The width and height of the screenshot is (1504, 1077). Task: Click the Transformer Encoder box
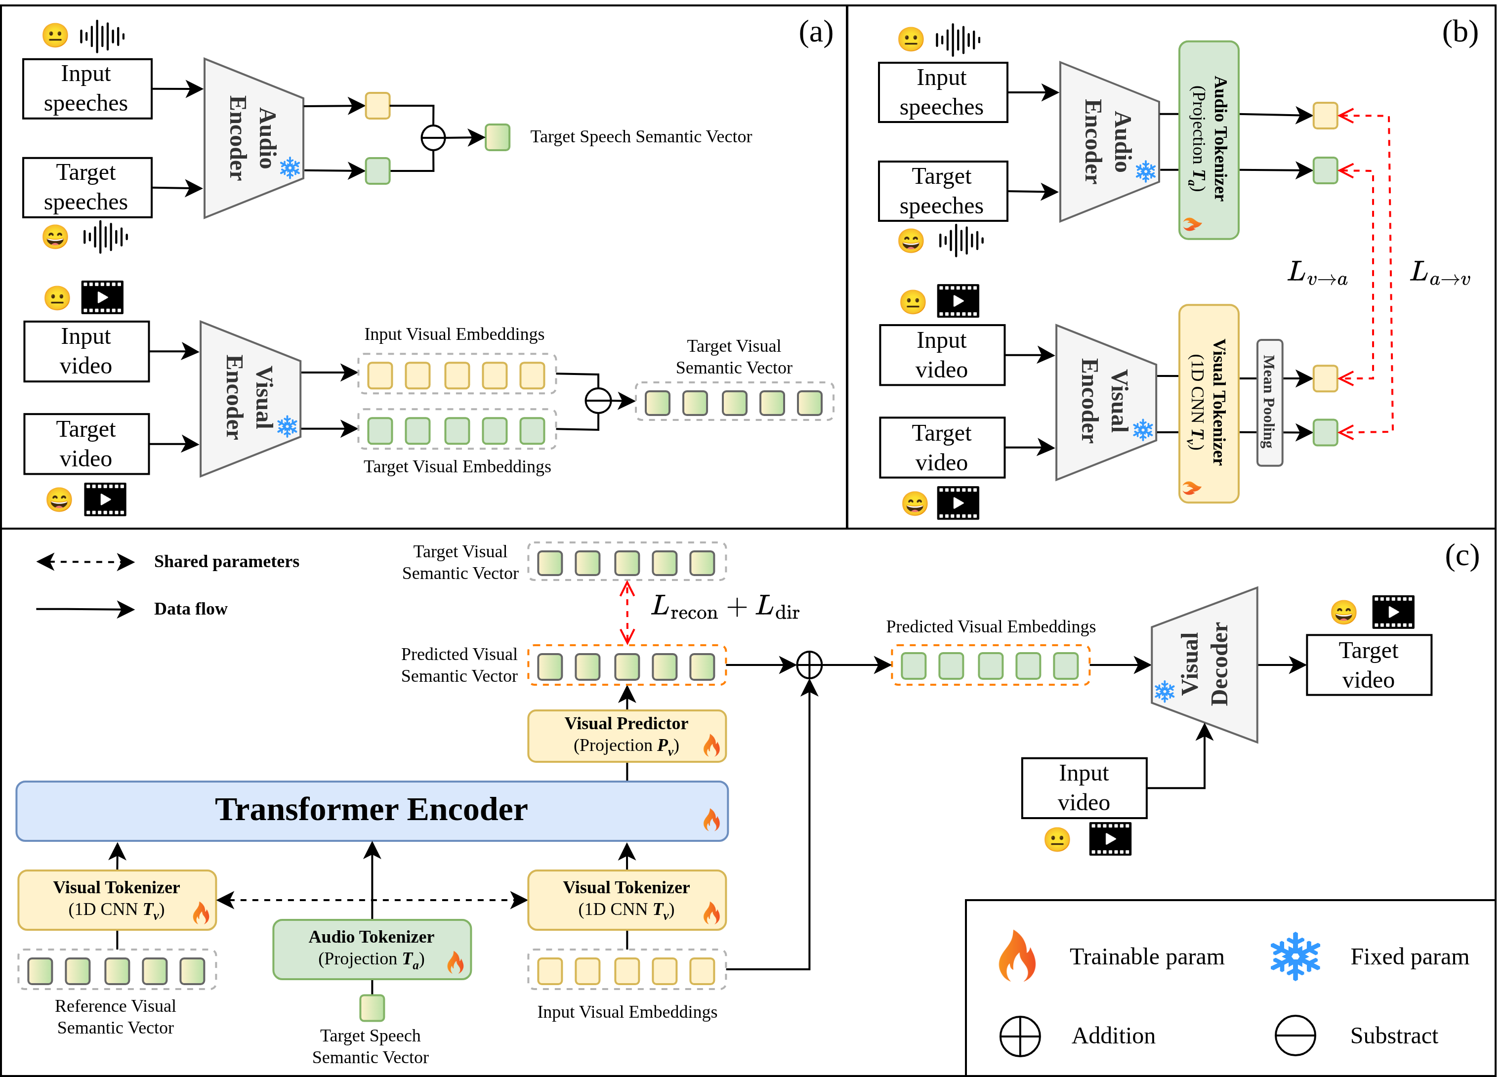tap(372, 810)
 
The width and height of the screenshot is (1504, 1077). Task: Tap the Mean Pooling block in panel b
tap(1269, 403)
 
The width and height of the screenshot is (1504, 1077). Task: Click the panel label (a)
tap(816, 33)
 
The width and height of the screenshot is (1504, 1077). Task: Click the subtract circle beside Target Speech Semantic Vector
tap(433, 138)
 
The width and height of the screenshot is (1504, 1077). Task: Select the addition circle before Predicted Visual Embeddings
tap(809, 664)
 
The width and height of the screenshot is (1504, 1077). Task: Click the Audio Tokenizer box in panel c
tap(372, 949)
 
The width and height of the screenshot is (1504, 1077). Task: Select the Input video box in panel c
tap(1084, 788)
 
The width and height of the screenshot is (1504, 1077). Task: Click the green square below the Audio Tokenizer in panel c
tap(372, 1007)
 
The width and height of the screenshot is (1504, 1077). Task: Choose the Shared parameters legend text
tap(226, 562)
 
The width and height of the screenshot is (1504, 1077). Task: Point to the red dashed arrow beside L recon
tap(627, 612)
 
